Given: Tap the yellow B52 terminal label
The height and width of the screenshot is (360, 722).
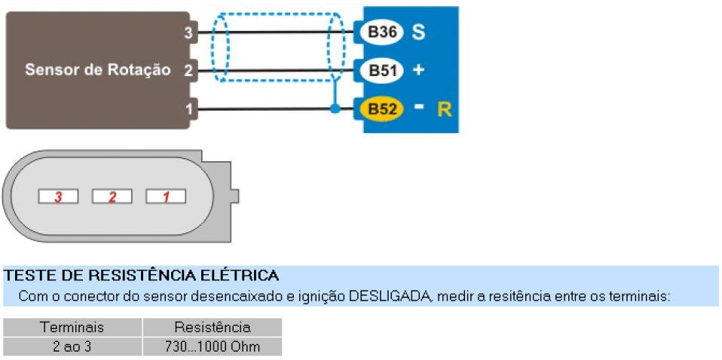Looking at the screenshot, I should [383, 109].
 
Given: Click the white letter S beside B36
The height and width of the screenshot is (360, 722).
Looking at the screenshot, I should [419, 32].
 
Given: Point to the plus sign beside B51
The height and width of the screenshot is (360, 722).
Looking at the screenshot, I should [419, 70].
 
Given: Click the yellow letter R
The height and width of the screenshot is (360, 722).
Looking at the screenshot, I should [444, 109].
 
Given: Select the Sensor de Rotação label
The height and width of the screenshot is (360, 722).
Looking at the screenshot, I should [97, 70].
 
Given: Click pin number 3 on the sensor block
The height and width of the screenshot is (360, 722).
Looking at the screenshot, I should [188, 32].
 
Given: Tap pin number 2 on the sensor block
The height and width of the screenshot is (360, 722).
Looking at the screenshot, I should [188, 70].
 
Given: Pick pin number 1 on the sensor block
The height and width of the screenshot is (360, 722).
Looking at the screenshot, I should [188, 109].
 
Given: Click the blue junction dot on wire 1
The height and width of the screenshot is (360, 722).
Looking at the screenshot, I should [335, 109].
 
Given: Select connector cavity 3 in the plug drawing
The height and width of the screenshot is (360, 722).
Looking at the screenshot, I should [58, 197].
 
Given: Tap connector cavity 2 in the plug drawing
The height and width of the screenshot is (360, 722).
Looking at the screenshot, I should [112, 197].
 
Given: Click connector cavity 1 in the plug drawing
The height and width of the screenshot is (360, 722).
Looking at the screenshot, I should [166, 197].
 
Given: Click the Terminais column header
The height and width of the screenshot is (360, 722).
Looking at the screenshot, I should [72, 328].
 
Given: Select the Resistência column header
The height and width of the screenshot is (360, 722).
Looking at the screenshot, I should [212, 328].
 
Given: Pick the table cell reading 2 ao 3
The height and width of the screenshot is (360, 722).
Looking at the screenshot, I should [72, 346].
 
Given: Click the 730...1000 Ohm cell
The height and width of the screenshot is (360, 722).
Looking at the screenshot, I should [212, 346].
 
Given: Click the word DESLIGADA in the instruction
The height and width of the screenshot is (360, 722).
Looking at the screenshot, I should [389, 296].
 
